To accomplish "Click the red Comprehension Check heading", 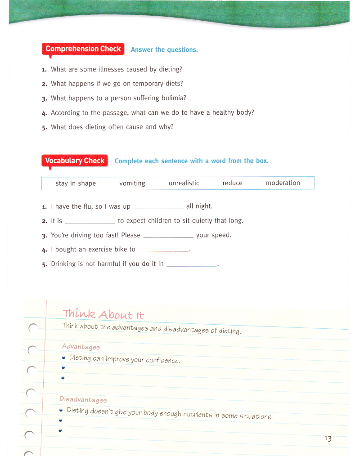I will point(83,49).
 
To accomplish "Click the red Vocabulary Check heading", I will point(75,161).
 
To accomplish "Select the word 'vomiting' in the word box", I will point(132,183).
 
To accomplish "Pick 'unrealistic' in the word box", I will point(184,183).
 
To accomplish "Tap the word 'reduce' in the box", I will point(232,183).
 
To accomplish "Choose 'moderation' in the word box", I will point(283,183).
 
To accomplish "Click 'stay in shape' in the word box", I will point(76,183).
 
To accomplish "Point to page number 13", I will point(327,438).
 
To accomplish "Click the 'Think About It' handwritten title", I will point(103,314).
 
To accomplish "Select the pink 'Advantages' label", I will point(81,347).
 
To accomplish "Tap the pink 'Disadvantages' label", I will point(83,399).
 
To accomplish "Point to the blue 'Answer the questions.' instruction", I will point(164,50).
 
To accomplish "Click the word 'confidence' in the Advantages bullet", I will point(162,361).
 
